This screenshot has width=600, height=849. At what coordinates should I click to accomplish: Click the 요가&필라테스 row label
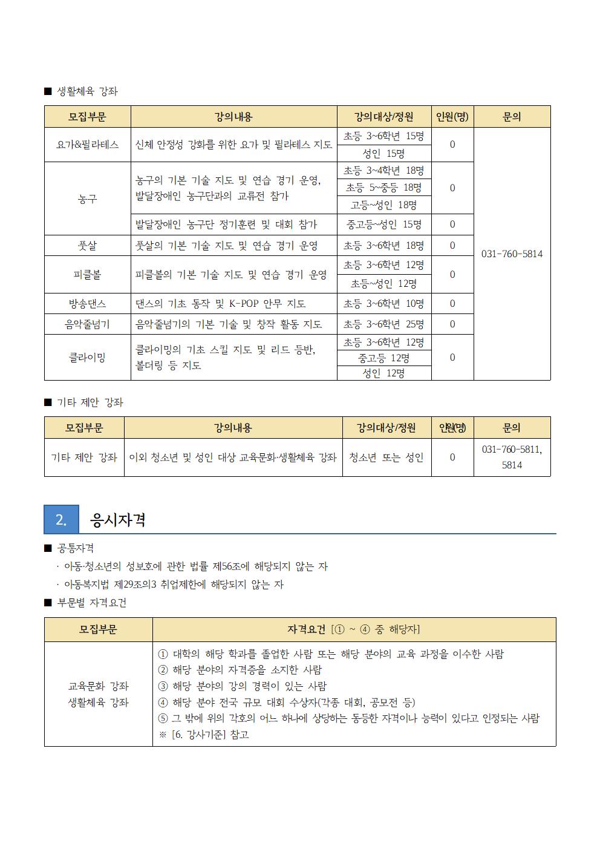coord(88,145)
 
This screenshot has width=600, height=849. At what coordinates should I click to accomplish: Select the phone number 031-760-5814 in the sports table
coord(512,254)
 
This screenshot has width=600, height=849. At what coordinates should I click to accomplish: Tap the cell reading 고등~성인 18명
coord(383,205)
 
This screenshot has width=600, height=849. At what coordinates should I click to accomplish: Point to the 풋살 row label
coord(88,246)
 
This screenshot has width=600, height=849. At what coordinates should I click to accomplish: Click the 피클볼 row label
coord(88,275)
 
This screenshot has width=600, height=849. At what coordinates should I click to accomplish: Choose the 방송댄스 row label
coord(88,304)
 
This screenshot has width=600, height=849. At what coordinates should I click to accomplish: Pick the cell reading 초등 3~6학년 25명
coord(383,324)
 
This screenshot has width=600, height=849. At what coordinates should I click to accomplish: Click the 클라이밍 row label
coord(88,358)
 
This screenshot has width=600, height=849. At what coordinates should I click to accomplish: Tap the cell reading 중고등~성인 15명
coord(383,225)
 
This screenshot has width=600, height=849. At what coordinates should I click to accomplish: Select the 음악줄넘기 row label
coord(88,324)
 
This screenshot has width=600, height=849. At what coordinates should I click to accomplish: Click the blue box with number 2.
coord(61,520)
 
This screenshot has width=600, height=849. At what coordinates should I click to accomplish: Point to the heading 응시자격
coord(118,520)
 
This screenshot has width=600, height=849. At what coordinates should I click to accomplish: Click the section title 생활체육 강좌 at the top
coord(87,91)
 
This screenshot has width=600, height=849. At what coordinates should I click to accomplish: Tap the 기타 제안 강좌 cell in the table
coord(84,457)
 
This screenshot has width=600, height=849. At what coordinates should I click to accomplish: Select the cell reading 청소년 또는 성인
coord(386,457)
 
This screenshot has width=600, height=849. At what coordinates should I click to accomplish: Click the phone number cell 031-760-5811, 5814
coord(512,457)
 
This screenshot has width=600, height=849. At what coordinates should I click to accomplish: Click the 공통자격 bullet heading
coord(75,548)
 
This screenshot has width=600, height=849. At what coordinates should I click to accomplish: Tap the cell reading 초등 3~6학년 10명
coord(383,304)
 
